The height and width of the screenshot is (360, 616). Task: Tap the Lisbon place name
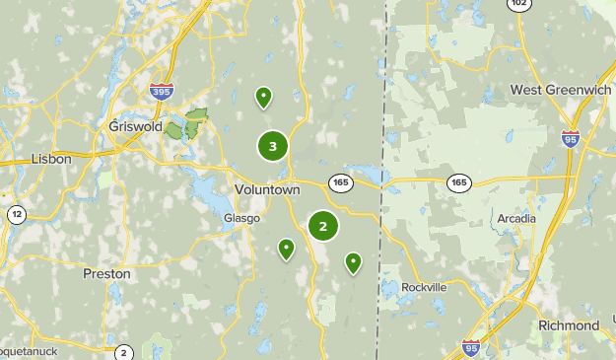(51, 158)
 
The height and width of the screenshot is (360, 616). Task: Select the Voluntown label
(266, 189)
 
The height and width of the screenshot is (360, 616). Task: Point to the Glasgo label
(241, 218)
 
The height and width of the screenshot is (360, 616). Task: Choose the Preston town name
(106, 273)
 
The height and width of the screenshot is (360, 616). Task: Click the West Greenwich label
(561, 90)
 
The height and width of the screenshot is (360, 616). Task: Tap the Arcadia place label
(516, 218)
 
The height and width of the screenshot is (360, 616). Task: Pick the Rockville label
(424, 287)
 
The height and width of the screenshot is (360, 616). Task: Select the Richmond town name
(569, 325)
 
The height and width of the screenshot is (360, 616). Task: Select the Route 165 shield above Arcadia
(458, 182)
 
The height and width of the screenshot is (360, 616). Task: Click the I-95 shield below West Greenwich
(571, 139)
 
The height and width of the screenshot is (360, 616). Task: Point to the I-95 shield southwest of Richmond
(471, 347)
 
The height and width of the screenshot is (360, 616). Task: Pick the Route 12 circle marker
(17, 214)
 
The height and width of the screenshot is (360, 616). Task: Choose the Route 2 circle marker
(124, 352)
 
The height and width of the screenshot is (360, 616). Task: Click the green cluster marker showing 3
(273, 147)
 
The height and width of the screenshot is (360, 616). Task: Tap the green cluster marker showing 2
(322, 226)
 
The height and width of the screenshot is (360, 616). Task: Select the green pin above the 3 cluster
(263, 97)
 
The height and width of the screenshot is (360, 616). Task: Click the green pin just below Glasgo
(286, 248)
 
